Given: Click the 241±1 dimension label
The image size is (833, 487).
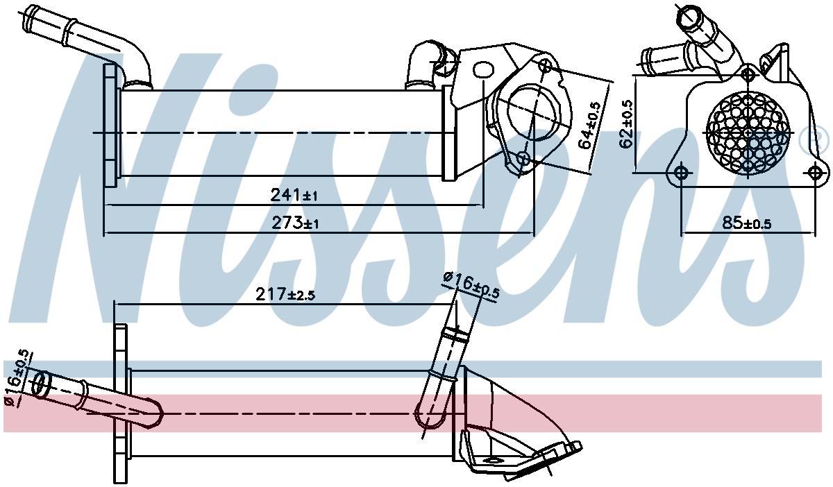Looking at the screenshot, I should click(x=294, y=196).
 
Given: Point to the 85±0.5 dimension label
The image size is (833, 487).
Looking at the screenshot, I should click(x=746, y=223).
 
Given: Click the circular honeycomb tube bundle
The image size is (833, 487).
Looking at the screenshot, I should click(x=748, y=130).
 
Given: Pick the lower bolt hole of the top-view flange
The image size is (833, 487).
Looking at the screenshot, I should click(x=524, y=160).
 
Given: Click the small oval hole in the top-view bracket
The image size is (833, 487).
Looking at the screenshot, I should click(x=482, y=70).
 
